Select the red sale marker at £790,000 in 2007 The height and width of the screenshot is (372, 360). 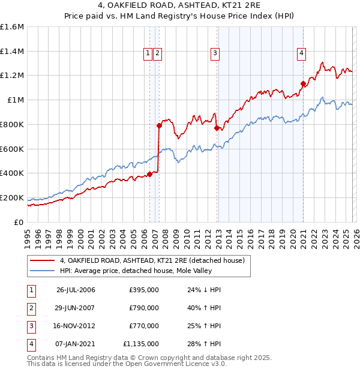[159, 125]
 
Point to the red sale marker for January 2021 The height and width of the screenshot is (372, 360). [304, 83]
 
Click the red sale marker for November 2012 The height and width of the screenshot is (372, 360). [216, 128]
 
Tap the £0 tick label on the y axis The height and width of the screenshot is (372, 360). [18, 222]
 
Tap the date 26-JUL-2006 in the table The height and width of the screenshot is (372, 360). [76, 290]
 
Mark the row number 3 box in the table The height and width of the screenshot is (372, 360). [31, 326]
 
